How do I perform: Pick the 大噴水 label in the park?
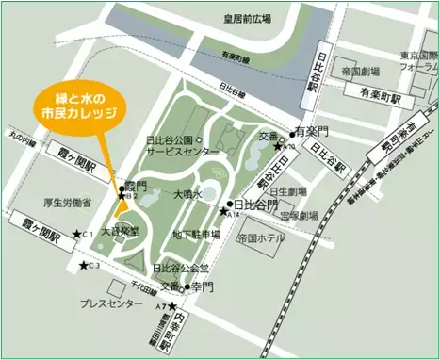click(188, 193)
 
